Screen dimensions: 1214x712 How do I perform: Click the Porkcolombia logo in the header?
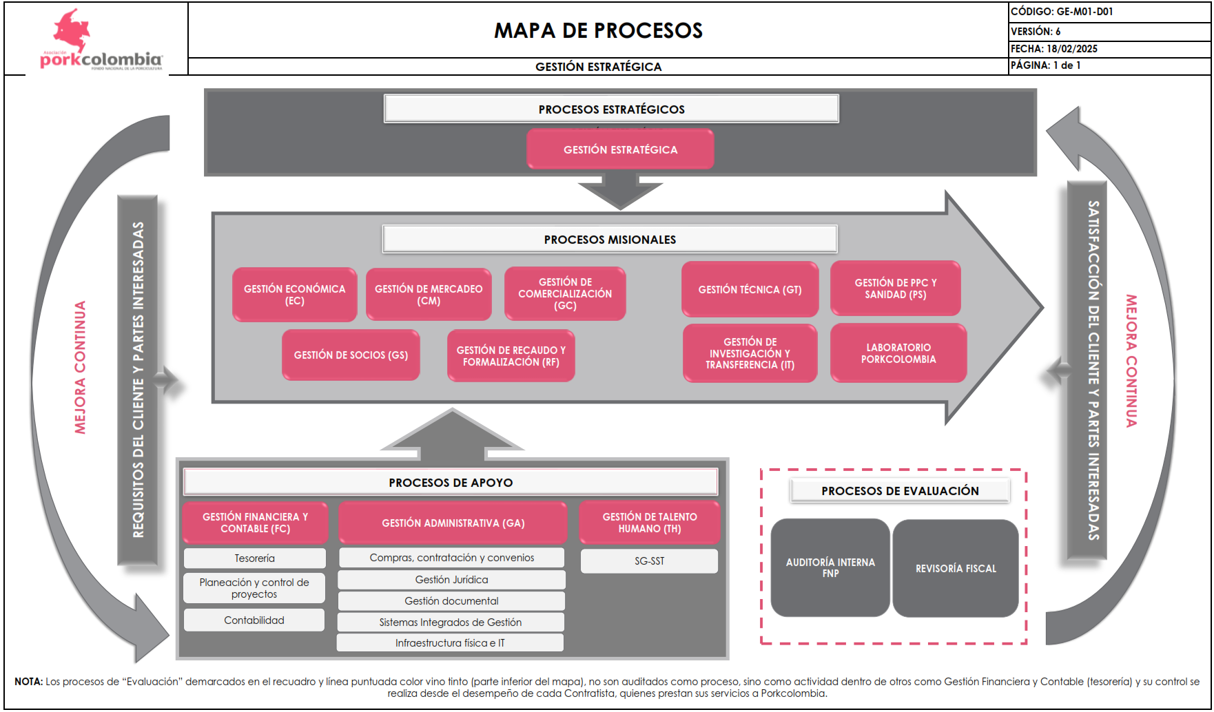tap(101, 40)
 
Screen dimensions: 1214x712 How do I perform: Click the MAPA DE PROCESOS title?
tap(598, 30)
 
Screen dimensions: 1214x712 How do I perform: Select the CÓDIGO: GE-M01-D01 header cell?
tap(1109, 12)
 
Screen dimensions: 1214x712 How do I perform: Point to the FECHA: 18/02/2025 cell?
tap(1109, 49)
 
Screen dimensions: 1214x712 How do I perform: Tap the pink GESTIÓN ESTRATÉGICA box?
tap(620, 149)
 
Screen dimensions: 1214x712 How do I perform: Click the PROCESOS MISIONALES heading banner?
tap(610, 239)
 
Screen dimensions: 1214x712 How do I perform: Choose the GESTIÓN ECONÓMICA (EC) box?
tap(294, 294)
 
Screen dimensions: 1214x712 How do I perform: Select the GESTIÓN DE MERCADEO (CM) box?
tap(429, 294)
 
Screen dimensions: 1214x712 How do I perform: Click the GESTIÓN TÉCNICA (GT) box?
tap(750, 289)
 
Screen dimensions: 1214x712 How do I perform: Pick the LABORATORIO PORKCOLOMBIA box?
tap(898, 353)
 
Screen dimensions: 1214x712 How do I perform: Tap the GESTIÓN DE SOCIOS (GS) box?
tap(351, 355)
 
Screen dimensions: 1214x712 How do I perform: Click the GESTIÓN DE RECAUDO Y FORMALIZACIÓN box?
tap(511, 355)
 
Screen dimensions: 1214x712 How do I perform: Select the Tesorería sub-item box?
tap(254, 558)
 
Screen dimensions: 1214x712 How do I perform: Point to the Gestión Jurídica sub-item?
tap(451, 579)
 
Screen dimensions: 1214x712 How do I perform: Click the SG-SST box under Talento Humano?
tap(649, 561)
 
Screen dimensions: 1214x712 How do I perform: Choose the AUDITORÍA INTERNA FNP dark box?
tap(830, 567)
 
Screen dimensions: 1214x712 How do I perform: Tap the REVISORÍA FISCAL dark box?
tap(956, 568)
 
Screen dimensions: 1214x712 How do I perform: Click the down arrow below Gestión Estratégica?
tap(620, 191)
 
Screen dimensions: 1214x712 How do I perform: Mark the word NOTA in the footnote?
tap(28, 681)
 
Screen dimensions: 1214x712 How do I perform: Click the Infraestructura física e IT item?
tap(450, 642)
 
